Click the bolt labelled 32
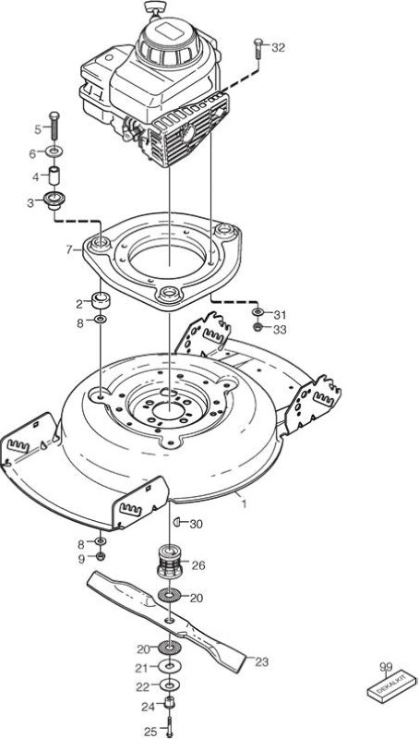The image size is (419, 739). (x=257, y=48)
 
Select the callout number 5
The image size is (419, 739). (x=38, y=129)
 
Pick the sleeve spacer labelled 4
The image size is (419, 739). (x=54, y=176)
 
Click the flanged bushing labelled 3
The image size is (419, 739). (x=54, y=200)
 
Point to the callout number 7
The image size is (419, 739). (x=69, y=249)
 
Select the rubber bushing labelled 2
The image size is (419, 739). (x=101, y=300)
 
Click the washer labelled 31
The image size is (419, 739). (x=258, y=312)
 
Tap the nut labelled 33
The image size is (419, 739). (x=257, y=327)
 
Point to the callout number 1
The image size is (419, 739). (x=244, y=504)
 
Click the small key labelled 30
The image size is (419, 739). (x=176, y=521)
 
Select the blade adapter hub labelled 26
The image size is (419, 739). (x=169, y=561)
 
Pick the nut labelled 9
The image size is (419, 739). (x=101, y=557)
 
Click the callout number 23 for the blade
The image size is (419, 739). (x=261, y=661)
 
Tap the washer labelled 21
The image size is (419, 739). (x=168, y=666)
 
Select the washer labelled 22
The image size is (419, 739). (x=169, y=684)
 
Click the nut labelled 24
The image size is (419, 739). (x=169, y=703)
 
